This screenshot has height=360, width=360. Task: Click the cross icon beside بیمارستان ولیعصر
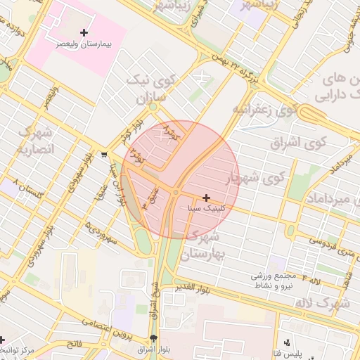(x=84, y=32)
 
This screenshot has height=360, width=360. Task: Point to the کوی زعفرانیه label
(x=262, y=110)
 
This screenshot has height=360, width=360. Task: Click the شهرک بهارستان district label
(x=215, y=243)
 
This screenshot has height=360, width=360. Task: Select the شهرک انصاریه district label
(x=34, y=140)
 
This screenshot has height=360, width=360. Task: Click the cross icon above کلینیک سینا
(x=205, y=198)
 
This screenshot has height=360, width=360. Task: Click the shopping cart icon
(x=104, y=155)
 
